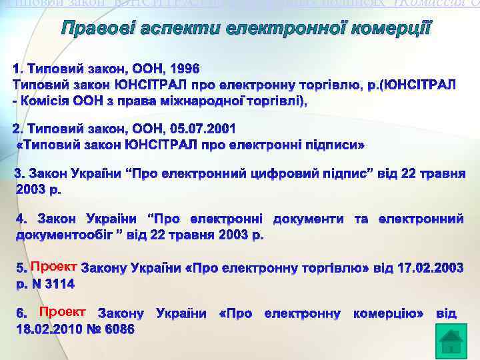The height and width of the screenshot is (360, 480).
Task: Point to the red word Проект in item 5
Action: point(54,267)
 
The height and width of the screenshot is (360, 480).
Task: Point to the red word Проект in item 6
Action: point(62,312)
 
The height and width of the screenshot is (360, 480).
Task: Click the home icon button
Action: point(451,341)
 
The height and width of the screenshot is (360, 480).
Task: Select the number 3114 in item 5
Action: point(58,284)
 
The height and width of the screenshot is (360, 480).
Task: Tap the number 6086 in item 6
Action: point(115,329)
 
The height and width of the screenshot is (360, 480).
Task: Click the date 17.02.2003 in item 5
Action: point(426,268)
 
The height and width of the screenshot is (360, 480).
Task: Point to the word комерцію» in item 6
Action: point(388,313)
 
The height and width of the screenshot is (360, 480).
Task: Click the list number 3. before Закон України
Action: point(20,174)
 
